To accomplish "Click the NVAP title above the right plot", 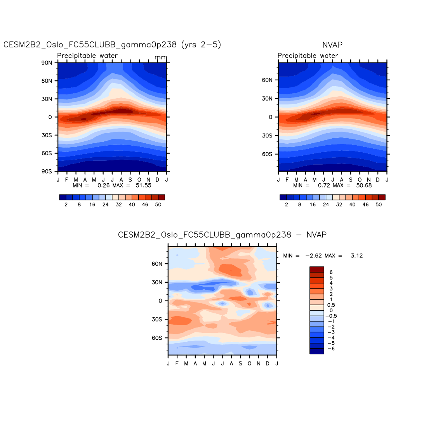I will click(x=332, y=45).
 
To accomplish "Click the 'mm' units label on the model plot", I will click(x=161, y=57).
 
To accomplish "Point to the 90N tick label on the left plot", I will click(x=47, y=63).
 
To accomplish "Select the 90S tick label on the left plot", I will click(x=47, y=171).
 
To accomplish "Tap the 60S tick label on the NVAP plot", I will click(x=267, y=154).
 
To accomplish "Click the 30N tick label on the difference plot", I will click(x=157, y=282).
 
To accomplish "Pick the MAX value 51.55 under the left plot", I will click(x=143, y=186).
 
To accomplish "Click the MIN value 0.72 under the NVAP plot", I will click(x=324, y=186).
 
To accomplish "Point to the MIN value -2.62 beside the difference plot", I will click(x=313, y=256).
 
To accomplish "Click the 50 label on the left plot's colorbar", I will click(x=158, y=205).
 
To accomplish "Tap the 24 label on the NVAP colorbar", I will click(x=326, y=205).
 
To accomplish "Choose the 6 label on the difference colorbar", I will click(x=331, y=273).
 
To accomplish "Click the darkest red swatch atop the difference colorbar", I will click(x=316, y=269).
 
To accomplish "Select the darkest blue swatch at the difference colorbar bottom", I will click(x=316, y=351).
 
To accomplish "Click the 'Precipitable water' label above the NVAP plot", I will click(x=308, y=56).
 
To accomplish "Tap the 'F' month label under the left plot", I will click(x=67, y=180).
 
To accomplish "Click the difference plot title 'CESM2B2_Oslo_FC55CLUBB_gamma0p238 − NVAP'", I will click(x=222, y=235).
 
